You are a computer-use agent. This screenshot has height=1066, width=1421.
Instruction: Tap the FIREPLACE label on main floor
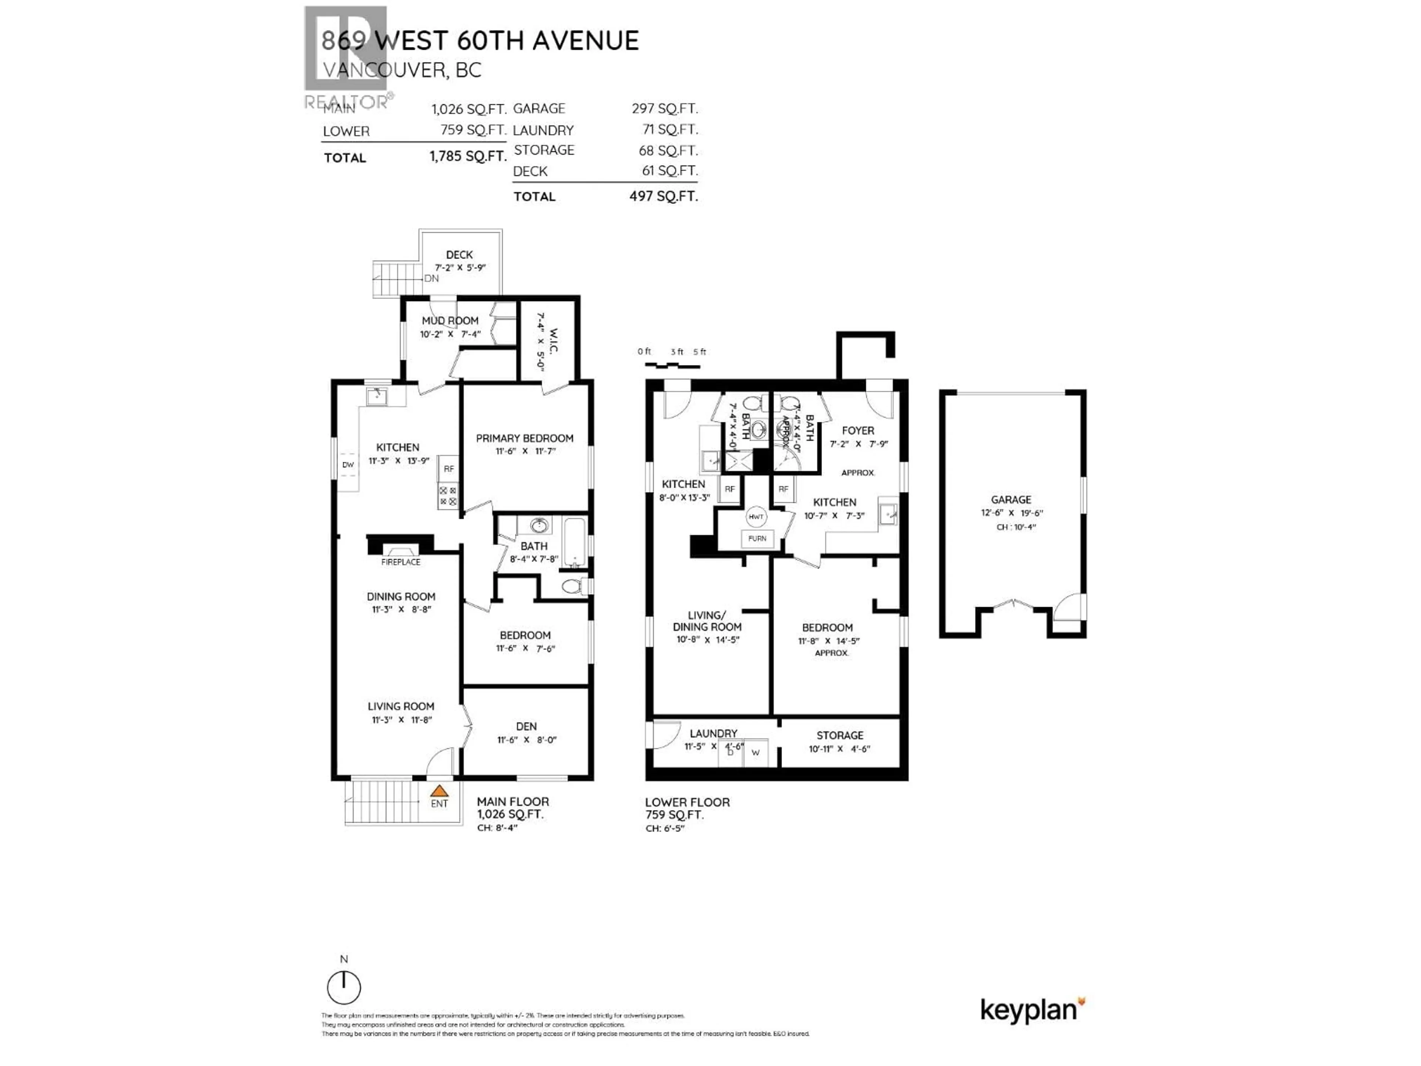(x=400, y=562)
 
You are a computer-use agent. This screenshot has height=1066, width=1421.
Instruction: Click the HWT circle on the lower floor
(x=756, y=517)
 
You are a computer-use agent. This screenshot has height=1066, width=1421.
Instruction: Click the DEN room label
(x=526, y=726)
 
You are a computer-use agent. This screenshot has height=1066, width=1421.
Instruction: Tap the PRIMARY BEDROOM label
(x=524, y=438)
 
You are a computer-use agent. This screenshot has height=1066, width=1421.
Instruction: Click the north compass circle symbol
(x=344, y=988)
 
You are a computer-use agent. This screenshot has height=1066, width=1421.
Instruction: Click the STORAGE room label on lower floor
(x=840, y=735)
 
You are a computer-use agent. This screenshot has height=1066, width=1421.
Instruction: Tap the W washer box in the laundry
(x=756, y=752)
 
